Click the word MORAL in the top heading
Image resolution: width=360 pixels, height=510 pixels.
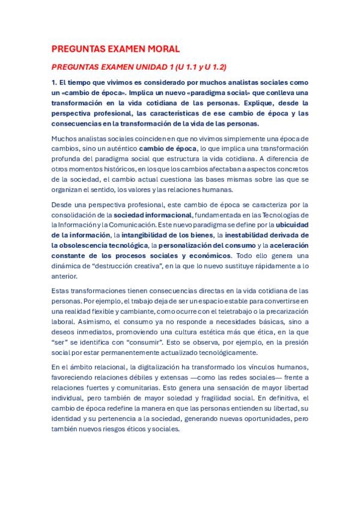point(159,49)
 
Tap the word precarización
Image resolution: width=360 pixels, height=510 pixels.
point(285,312)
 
